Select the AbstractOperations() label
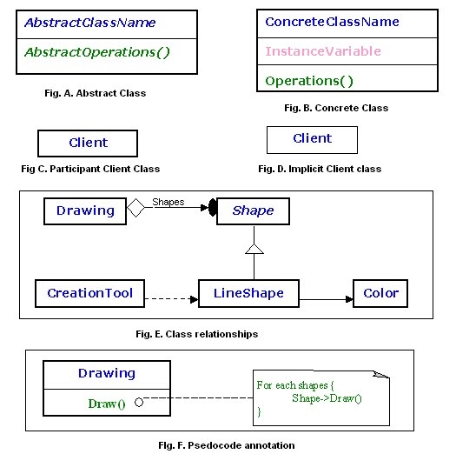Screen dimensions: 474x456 pos(96,52)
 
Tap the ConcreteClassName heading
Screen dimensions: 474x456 pos(332,22)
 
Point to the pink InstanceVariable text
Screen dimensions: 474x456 pos(323,51)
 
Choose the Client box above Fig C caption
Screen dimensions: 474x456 pos(88,143)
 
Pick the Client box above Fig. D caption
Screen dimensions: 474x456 pos(312,138)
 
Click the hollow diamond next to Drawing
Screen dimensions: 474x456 pos(135,210)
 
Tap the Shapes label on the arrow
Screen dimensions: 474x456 pos(169,202)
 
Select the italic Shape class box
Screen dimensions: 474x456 pos(253,210)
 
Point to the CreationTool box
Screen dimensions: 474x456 pos(90,293)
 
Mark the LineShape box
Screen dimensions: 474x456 pos(248,293)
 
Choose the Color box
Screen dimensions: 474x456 pos(380,293)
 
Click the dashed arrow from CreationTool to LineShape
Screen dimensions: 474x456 pos(172,299)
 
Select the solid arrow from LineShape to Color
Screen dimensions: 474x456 pos(325,299)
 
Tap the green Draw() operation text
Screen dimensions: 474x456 pos(106,404)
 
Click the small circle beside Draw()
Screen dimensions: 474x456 pos(138,403)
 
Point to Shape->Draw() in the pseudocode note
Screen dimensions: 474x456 pos(327,398)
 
